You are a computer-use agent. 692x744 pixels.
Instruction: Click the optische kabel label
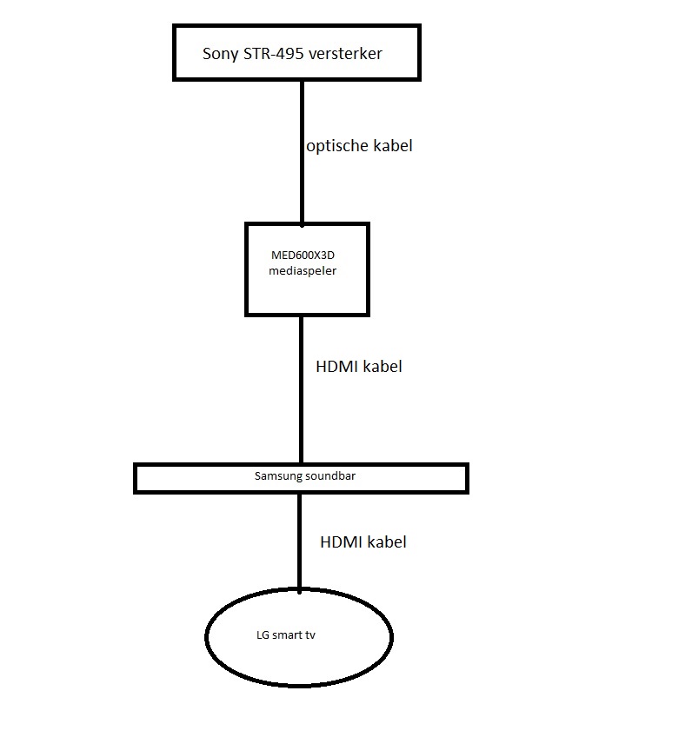point(359,146)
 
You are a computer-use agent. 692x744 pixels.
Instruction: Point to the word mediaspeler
point(303,270)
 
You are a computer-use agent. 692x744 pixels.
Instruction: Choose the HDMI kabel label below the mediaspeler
point(359,367)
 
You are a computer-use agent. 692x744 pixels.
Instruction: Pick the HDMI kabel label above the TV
point(363,542)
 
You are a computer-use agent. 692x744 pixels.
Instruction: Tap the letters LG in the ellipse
point(262,635)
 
